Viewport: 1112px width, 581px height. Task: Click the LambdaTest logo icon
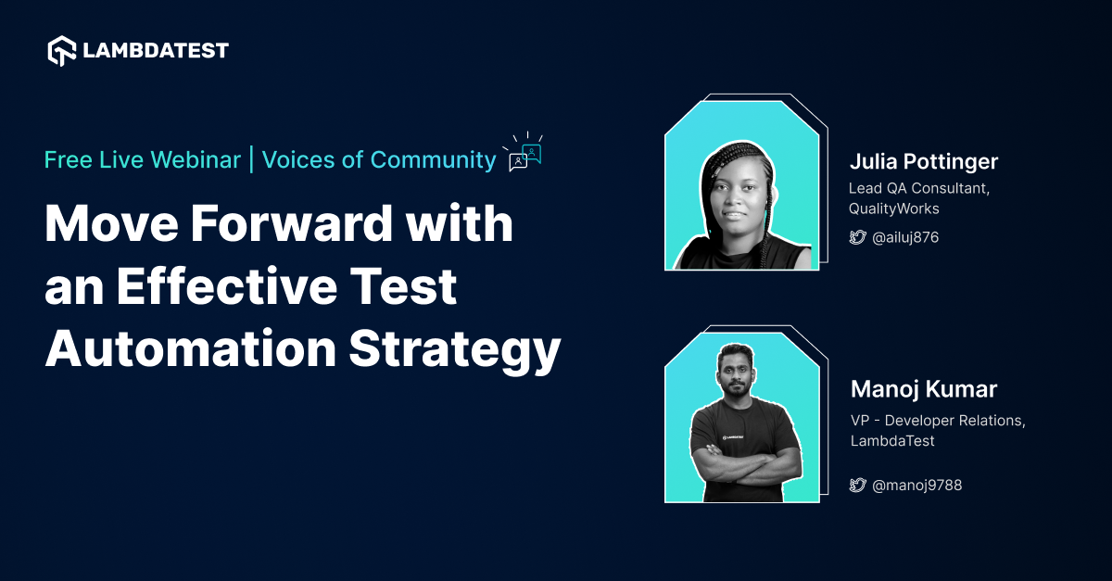click(x=61, y=50)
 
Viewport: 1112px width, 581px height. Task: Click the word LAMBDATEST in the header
click(x=155, y=50)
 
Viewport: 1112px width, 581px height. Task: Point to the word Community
click(x=433, y=159)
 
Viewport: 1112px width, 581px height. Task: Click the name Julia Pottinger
click(x=924, y=162)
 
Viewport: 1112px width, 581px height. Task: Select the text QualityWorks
click(x=893, y=208)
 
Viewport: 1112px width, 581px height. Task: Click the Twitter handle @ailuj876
click(x=905, y=238)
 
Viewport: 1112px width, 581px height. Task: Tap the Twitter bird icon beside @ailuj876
click(x=858, y=238)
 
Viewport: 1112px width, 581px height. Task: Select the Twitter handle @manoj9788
click(x=917, y=485)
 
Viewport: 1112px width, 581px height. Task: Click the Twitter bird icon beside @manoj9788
click(x=858, y=485)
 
